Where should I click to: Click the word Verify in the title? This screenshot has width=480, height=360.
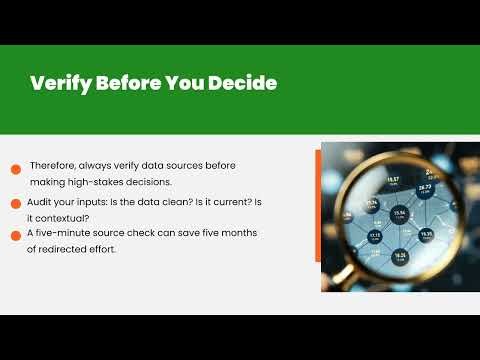click(59, 83)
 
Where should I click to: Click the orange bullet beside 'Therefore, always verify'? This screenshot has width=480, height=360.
click(17, 169)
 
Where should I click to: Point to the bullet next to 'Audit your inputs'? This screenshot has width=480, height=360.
click(17, 203)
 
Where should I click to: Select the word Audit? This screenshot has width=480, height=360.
click(40, 202)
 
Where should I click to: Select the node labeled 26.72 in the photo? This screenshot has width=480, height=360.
click(424, 189)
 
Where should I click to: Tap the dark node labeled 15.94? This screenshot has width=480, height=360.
click(399, 214)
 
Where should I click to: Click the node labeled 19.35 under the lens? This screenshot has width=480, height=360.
click(426, 235)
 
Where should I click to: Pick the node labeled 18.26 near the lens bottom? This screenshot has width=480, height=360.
click(400, 256)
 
